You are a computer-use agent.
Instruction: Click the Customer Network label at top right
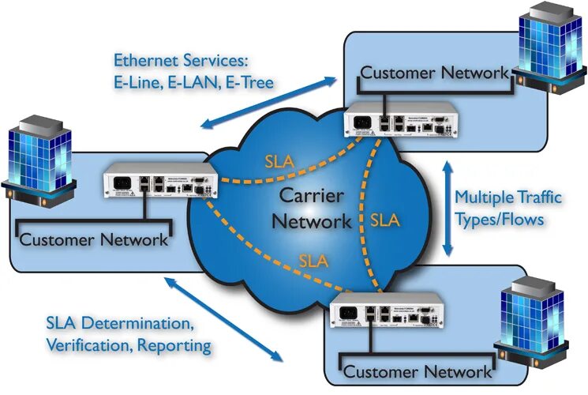(x=434, y=73)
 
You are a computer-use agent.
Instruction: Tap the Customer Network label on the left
(x=93, y=239)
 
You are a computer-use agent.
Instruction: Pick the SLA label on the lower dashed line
(x=313, y=258)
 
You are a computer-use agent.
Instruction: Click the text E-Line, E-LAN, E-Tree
(x=193, y=81)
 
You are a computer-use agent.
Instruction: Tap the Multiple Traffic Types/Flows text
(x=509, y=207)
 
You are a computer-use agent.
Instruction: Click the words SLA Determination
(x=118, y=324)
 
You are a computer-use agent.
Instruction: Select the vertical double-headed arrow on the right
(x=449, y=209)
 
